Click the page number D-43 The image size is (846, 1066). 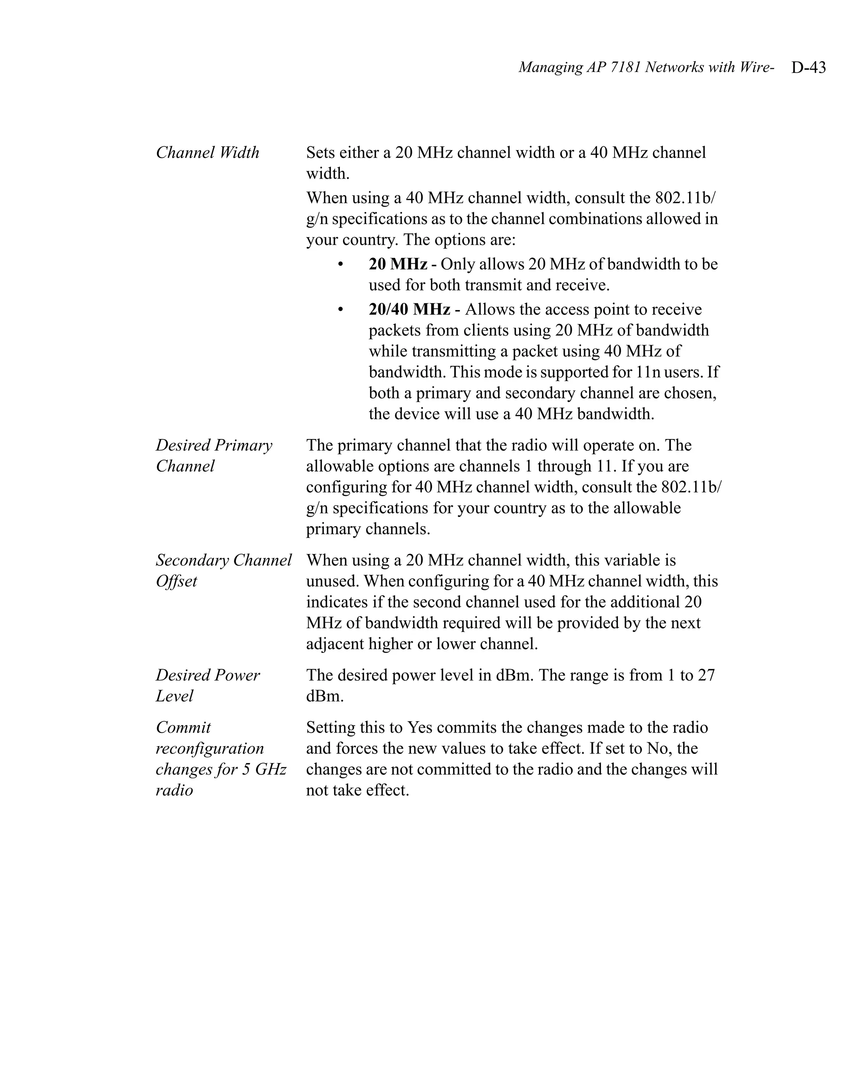(x=808, y=67)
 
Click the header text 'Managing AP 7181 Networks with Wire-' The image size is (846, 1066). (x=645, y=67)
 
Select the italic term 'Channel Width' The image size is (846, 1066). (x=207, y=152)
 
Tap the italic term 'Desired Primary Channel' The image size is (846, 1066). (x=214, y=455)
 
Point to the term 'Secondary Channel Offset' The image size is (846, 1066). (x=223, y=570)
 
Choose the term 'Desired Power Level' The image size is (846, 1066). (x=207, y=685)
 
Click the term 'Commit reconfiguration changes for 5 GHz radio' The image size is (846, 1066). (x=221, y=758)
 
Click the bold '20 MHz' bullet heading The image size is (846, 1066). (x=398, y=264)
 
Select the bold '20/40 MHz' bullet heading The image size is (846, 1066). (x=409, y=310)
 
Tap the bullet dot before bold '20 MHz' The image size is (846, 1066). (x=340, y=264)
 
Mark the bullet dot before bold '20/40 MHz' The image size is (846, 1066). (x=340, y=310)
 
